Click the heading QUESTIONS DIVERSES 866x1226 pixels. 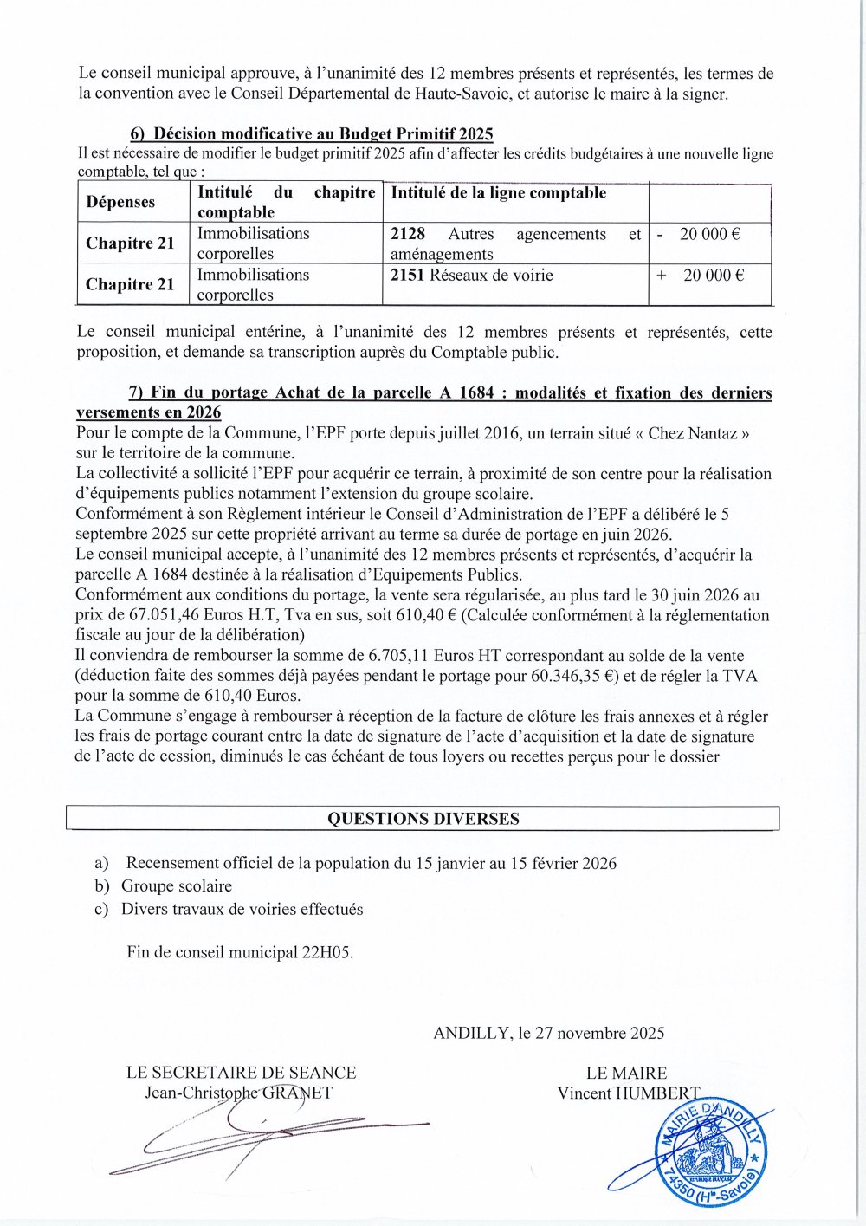coord(423,819)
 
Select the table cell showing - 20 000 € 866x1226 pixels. coord(709,234)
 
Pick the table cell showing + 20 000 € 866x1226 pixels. coord(709,276)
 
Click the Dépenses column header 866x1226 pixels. coord(120,202)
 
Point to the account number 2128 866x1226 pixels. coord(408,234)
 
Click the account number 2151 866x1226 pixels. coord(408,276)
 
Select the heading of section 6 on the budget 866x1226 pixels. coord(312,133)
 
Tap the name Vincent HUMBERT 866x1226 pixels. coord(629,1093)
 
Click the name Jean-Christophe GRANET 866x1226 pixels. coord(238,1093)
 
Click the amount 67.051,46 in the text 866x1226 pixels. coord(146,615)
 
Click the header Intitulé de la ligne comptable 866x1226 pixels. coord(498,193)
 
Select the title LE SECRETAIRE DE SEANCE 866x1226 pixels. coord(241,1073)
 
